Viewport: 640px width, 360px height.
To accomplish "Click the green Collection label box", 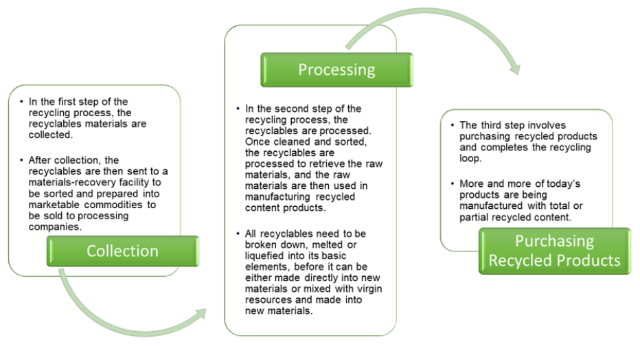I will tap(123, 251).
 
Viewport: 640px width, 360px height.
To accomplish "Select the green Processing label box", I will tap(336, 69).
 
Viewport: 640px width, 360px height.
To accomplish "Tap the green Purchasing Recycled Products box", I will tap(554, 251).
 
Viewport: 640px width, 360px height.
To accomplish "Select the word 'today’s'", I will tap(567, 183).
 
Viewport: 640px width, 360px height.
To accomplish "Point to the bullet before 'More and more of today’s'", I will tap(452, 183).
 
